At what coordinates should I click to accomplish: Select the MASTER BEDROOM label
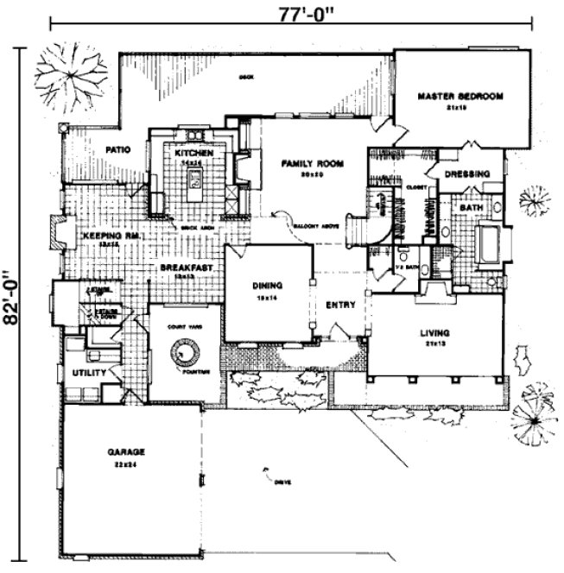point(459,96)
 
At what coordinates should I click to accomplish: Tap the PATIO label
point(117,149)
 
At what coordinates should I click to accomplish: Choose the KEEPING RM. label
point(105,235)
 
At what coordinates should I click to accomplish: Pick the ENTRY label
point(340,305)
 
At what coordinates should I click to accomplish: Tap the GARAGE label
point(125,451)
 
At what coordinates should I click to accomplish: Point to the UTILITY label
point(89,373)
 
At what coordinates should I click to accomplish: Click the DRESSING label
point(467,173)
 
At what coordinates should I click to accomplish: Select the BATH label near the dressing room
point(470,208)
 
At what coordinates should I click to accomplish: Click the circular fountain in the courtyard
point(183,352)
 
